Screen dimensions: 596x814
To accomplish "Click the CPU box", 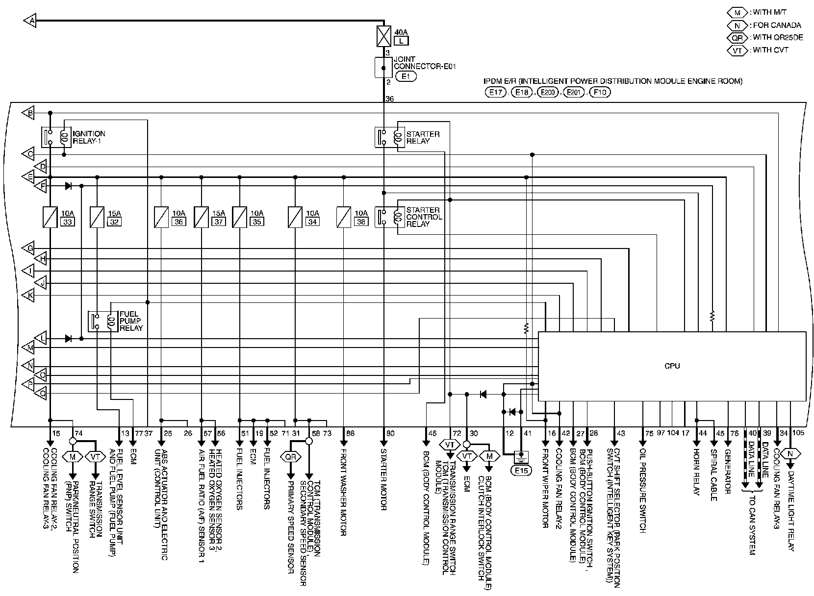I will (x=672, y=366).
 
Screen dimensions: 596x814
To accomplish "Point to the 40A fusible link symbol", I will (x=383, y=35).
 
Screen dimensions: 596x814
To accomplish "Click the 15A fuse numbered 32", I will (x=97, y=217).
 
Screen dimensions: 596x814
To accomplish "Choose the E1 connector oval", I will (x=406, y=76).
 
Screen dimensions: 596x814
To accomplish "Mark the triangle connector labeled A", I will (x=29, y=21).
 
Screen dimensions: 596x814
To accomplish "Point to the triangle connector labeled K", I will (x=29, y=296).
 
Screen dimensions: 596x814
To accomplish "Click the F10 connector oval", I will (x=599, y=92).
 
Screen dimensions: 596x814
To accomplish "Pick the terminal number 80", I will (x=390, y=433).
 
